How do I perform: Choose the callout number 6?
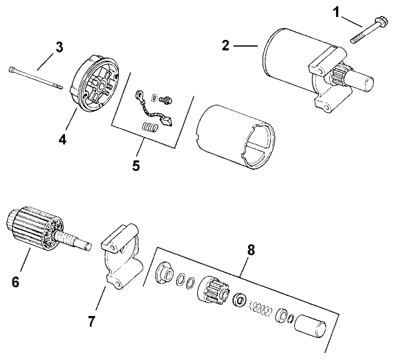16,282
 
